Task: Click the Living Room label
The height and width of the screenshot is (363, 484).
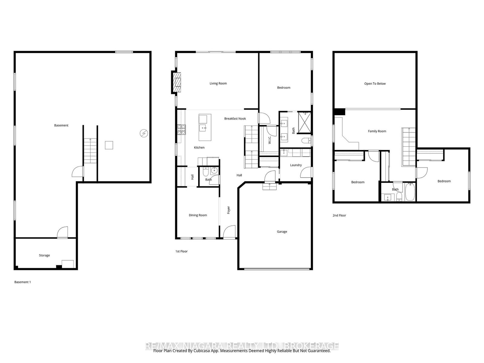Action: (x=218, y=83)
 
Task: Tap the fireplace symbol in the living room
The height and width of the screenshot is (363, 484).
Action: (x=177, y=82)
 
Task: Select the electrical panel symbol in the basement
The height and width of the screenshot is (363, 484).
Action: (x=144, y=133)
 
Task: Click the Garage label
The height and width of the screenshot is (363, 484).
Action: (x=282, y=232)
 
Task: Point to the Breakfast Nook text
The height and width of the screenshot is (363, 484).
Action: (x=235, y=119)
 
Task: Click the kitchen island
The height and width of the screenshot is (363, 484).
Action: (x=205, y=127)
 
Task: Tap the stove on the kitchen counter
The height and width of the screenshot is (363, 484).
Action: (x=181, y=130)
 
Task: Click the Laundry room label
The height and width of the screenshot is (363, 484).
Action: (x=296, y=165)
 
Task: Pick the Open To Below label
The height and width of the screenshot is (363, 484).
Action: (x=375, y=84)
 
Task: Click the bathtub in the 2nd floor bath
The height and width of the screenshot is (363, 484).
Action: (x=410, y=192)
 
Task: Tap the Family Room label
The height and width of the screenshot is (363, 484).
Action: (x=377, y=131)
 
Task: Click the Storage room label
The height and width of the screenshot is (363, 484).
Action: (x=44, y=256)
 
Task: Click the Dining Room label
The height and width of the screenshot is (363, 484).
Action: (x=198, y=215)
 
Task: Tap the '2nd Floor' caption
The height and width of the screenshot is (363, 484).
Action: (x=339, y=216)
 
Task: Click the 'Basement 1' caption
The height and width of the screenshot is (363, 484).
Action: (x=23, y=282)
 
